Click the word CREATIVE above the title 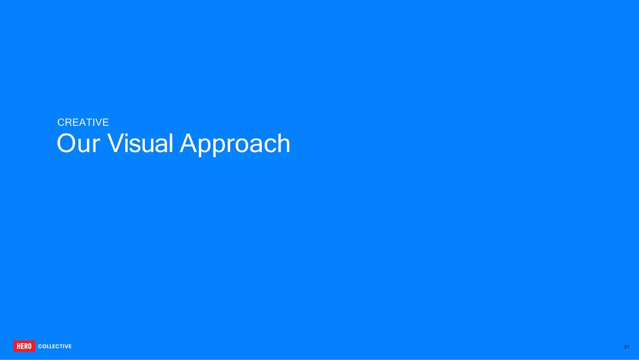(83, 122)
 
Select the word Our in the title (78, 143)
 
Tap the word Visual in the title (140, 143)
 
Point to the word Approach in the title (235, 143)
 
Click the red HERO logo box (24, 346)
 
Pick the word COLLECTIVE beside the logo (55, 346)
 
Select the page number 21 (626, 347)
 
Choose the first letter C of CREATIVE (61, 122)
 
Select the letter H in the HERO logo (18, 346)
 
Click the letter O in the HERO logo (29, 346)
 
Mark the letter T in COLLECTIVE (61, 346)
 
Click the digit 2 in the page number (625, 347)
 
